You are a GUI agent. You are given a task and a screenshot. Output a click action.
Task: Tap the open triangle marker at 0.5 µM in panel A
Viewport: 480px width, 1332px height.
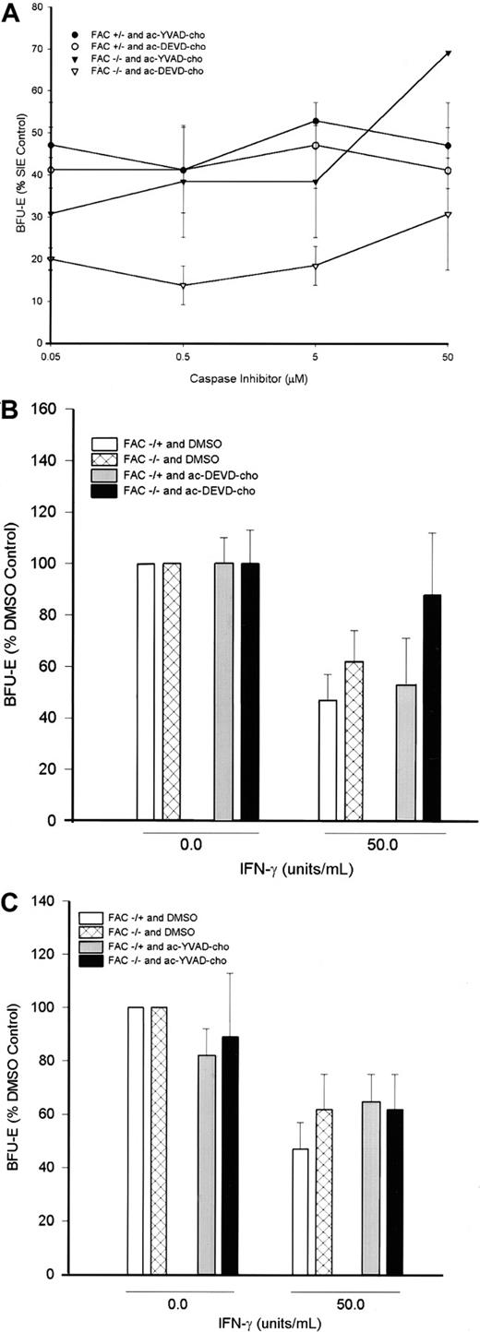pos(184,285)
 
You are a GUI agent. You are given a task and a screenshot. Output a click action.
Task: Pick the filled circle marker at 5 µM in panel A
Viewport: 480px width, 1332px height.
pos(316,121)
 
